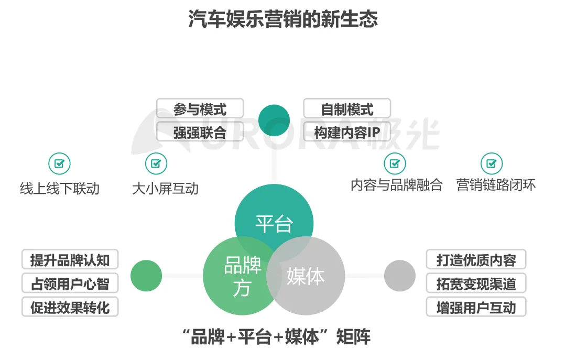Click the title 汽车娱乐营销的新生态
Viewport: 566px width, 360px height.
[283, 20]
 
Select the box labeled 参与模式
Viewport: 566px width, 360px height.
[200, 109]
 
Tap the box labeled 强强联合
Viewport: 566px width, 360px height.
[200, 132]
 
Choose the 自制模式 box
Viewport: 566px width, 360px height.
[347, 109]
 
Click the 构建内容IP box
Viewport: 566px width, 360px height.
[347, 132]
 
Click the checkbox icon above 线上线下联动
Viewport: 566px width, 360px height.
[59, 163]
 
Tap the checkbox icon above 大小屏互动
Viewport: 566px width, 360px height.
[156, 163]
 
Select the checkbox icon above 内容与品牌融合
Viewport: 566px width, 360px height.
[395, 163]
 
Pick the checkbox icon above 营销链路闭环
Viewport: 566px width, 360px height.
[492, 163]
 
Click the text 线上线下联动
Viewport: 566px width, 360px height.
[60, 188]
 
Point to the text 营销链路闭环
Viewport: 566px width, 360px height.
[496, 185]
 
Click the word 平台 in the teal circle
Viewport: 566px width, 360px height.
[274, 223]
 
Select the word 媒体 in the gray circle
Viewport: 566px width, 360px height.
[306, 276]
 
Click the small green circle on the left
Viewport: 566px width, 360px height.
[146, 276]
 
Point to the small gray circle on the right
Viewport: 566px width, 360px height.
[400, 276]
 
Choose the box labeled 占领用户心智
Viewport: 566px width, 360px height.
[70, 283]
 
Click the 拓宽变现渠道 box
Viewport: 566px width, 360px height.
[476, 283]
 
